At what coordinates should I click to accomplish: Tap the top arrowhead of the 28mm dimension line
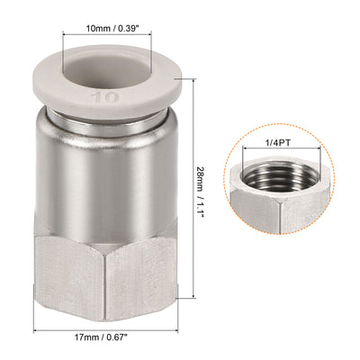point(193,80)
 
